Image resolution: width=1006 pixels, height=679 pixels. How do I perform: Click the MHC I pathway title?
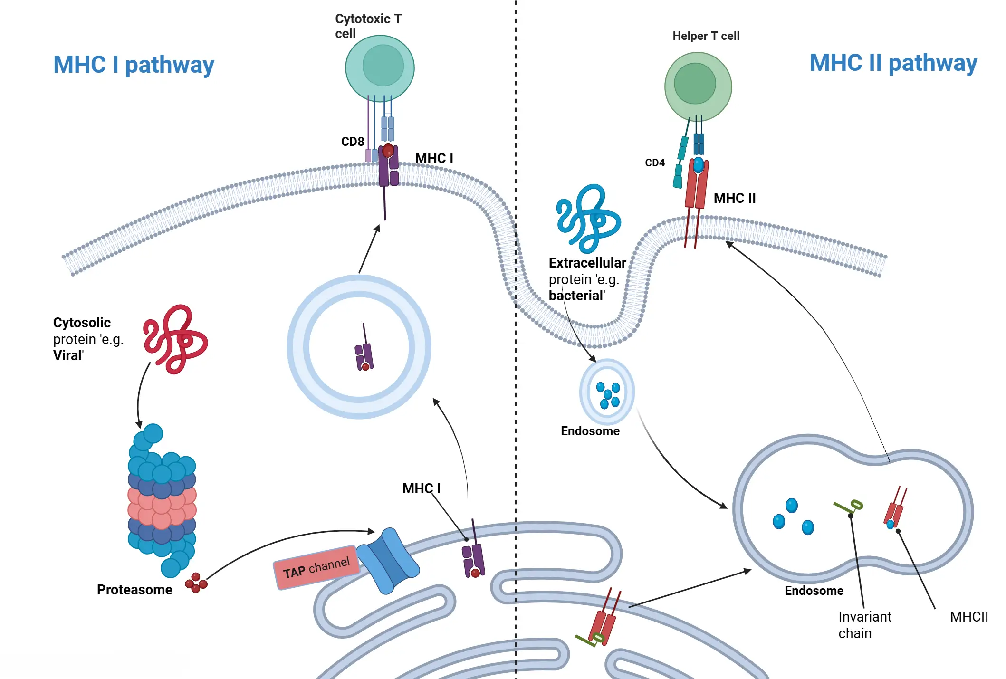tap(134, 65)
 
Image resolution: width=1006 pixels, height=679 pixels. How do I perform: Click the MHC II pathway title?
tap(893, 63)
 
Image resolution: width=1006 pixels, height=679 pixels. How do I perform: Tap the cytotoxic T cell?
tap(380, 68)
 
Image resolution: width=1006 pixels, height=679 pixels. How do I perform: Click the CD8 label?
tap(353, 142)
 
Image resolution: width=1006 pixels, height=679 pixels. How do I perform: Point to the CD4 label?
tap(654, 163)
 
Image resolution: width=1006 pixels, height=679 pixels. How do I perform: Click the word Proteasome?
tap(134, 590)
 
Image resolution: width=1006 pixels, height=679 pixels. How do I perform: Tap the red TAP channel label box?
tap(316, 567)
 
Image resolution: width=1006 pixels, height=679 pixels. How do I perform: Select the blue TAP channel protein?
tap(388, 561)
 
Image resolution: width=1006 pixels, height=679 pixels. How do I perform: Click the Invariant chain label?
tap(864, 625)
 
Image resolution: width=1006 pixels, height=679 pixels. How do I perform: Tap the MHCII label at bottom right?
tap(968, 617)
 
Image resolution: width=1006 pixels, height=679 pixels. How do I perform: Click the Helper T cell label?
tap(706, 36)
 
